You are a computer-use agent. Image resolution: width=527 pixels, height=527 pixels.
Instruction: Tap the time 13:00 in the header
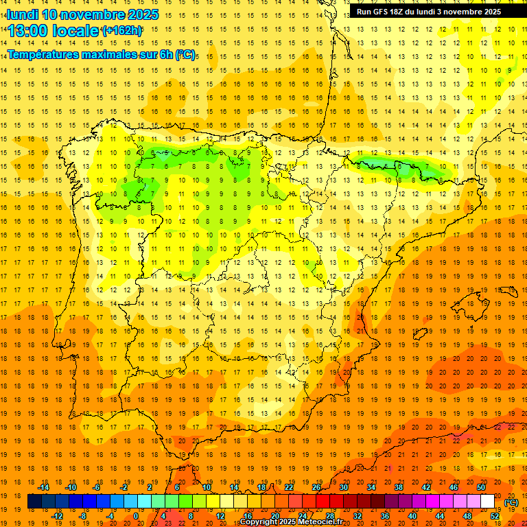point(31,31)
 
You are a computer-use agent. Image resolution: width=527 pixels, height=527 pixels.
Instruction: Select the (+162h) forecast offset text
point(122,31)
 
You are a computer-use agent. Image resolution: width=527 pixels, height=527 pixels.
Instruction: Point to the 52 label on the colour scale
point(495,515)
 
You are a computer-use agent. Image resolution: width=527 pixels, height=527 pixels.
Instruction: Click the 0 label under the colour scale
point(135,515)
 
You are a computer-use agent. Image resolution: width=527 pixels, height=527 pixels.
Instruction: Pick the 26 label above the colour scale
point(316,487)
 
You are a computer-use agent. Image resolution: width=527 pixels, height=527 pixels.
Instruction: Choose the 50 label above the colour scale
point(480,487)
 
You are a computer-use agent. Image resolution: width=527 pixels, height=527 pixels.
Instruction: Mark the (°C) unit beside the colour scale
point(511,502)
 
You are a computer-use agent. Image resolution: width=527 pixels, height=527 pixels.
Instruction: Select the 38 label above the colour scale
point(399,487)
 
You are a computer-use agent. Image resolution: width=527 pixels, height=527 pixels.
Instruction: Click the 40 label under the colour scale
point(412,515)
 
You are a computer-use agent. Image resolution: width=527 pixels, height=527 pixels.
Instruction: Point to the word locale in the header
point(76,31)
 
